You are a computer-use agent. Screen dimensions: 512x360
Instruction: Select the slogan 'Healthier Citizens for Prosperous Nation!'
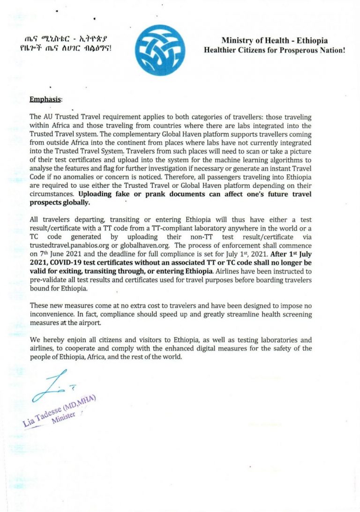coord(274,50)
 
